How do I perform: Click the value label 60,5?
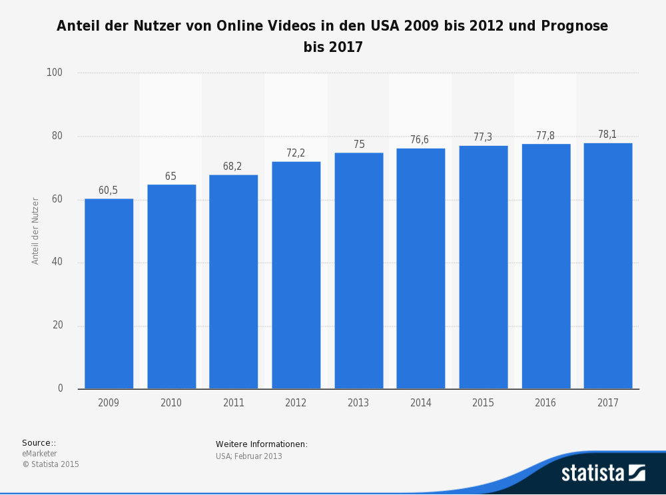coord(108,191)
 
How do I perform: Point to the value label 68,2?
coord(232,167)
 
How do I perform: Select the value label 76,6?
coord(420,140)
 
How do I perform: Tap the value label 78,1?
coord(607,135)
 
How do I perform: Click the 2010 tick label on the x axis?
coord(171,403)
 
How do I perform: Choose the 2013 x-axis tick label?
coord(358,403)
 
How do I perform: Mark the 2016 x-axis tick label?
coord(545,403)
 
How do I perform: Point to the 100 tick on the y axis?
coord(55,73)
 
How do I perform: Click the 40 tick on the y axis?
coord(57,262)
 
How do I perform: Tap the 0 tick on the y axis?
coord(60,388)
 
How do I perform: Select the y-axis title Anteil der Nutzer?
coord(36,231)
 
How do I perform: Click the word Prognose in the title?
coord(575,26)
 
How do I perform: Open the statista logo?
coord(603,472)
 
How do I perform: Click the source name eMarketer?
coord(39,454)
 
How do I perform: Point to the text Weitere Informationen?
coord(261,444)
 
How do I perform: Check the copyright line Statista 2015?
coord(51,464)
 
